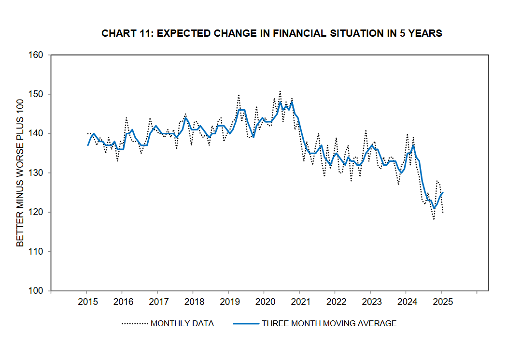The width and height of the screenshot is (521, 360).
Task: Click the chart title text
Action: tap(272, 33)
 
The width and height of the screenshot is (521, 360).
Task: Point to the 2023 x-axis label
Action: tap(371, 302)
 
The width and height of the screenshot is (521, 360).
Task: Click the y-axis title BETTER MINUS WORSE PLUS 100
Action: tap(20, 173)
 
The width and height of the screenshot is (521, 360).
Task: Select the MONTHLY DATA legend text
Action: tap(182, 323)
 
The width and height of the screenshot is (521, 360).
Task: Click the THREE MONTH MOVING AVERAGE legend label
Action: tap(329, 323)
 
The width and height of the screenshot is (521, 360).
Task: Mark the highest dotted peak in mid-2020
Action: tap(280, 90)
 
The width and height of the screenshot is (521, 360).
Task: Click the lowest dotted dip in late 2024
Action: tap(434, 219)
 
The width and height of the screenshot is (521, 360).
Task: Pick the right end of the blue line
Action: tap(443, 192)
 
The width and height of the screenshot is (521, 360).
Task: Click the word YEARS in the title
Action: tap(426, 33)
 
